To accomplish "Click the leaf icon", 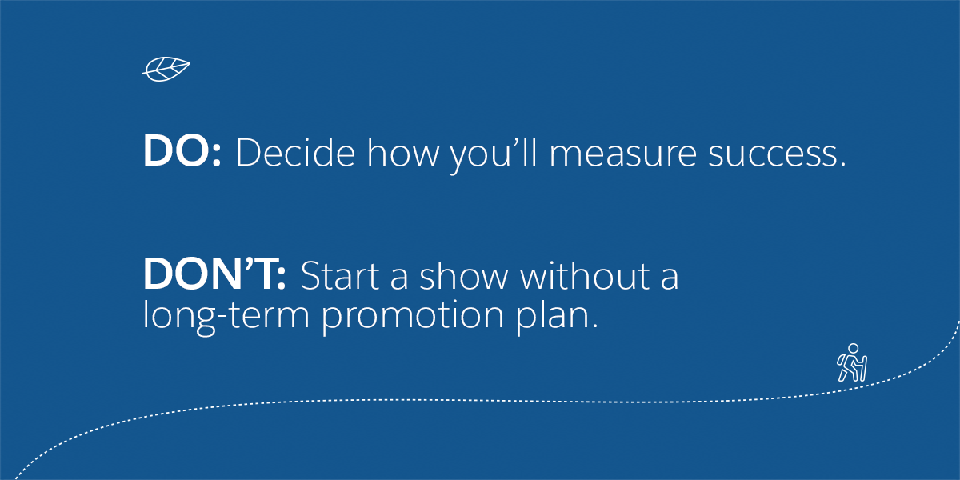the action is (x=166, y=69).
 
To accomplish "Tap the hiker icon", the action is (x=852, y=362).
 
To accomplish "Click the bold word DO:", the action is (x=182, y=151).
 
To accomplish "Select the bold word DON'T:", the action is (x=214, y=274).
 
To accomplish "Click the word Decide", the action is (x=295, y=152).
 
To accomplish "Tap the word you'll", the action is (x=493, y=155).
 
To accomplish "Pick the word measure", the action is (x=622, y=155).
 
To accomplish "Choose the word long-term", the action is (x=226, y=316).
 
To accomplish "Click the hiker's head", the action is (x=854, y=349).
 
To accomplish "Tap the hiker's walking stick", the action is (x=864, y=369).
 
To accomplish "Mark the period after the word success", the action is (x=843, y=164).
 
